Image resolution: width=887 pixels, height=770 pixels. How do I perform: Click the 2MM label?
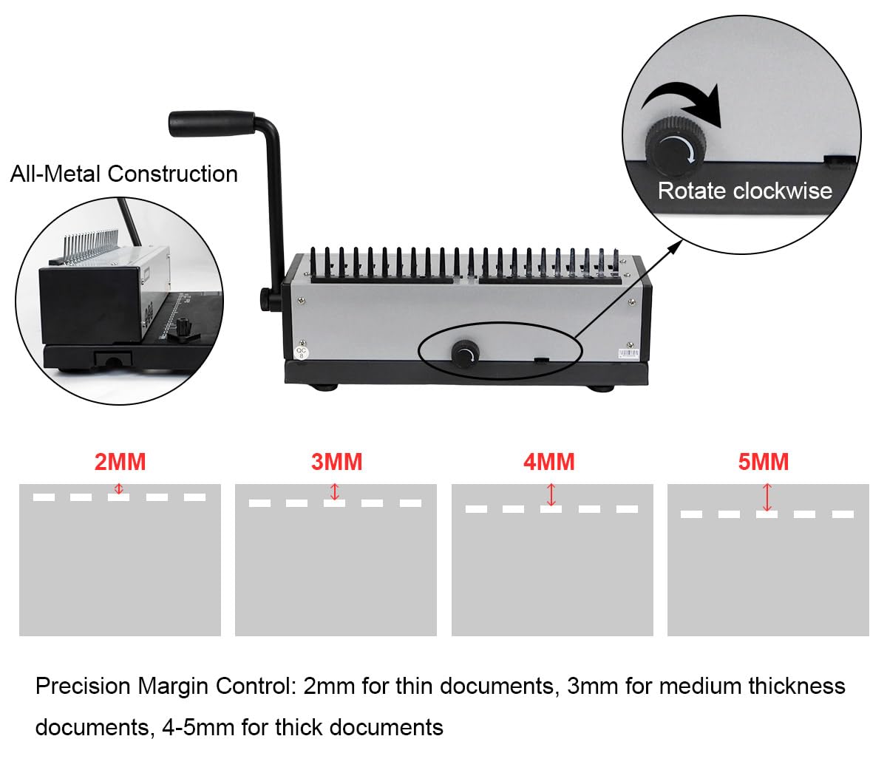click(x=120, y=462)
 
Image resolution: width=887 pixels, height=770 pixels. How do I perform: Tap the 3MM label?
click(x=336, y=462)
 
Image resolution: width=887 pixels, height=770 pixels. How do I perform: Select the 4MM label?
click(x=549, y=462)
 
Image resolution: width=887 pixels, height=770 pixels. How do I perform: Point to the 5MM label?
click(x=764, y=462)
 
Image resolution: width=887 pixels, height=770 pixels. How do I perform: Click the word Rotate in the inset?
click(x=691, y=191)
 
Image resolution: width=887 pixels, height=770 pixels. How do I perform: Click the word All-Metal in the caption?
click(x=55, y=174)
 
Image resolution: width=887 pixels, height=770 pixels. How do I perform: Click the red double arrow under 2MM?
click(x=119, y=488)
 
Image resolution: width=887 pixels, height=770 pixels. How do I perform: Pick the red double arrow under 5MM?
click(x=767, y=497)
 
